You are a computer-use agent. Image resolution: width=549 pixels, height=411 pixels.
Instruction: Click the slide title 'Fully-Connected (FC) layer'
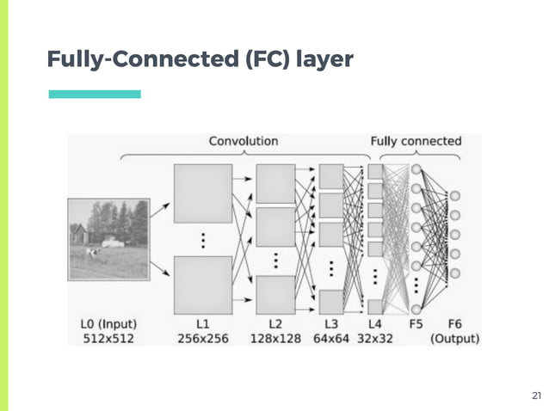pos(200,59)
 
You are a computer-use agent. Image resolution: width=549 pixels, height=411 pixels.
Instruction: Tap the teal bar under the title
pos(95,95)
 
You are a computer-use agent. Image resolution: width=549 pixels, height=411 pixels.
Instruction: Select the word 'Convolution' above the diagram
pos(244,141)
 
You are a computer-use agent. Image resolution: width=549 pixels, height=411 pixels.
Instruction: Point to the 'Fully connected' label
pos(416,141)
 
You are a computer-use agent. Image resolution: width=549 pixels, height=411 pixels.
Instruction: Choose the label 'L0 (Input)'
pos(107,324)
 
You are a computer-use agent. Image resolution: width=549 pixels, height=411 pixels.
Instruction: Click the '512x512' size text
pos(107,339)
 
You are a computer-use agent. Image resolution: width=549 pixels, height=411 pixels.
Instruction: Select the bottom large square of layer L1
pos(203,284)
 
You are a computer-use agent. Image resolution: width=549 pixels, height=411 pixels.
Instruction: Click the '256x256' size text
pos(203,339)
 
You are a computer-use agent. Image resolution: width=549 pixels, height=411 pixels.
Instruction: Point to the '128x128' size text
pos(275,339)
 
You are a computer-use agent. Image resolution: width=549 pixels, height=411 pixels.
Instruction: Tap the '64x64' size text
pos(332,339)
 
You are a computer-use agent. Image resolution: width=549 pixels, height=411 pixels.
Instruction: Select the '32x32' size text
pos(375,339)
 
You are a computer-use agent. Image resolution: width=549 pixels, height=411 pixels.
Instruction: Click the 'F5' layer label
pos(416,324)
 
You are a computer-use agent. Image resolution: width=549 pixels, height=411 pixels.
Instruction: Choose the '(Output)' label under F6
pos(455,339)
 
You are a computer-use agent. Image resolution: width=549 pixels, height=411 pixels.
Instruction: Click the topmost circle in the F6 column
pos(455,197)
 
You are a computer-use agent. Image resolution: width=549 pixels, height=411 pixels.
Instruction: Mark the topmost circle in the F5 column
pos(416,169)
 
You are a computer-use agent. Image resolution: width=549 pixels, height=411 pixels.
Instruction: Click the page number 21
pos(536,396)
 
